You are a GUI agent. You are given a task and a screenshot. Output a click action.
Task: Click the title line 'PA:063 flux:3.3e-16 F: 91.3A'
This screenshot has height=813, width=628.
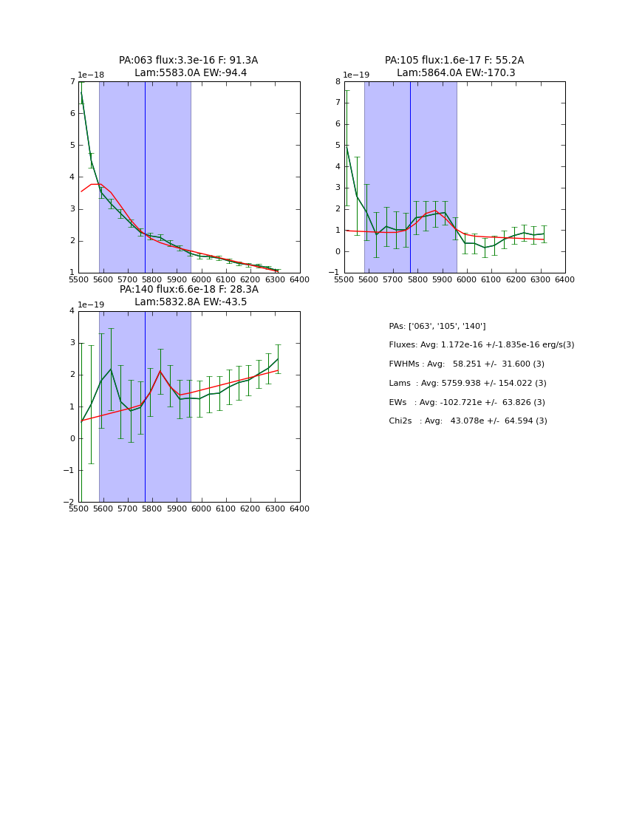(188, 61)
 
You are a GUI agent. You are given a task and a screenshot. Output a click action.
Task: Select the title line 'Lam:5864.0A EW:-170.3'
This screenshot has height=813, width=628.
(456, 73)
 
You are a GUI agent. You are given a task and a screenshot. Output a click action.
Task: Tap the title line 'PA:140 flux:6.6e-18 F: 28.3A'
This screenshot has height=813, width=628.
(189, 290)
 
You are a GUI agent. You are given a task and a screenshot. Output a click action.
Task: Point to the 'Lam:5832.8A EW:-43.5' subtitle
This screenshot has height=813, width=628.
(191, 302)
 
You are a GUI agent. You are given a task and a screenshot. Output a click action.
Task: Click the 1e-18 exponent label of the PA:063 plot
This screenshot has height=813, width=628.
(91, 75)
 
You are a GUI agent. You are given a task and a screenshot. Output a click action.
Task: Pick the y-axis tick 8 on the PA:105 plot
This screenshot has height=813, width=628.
(337, 82)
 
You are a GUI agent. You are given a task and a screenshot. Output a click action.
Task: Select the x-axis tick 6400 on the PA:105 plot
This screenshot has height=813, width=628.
(564, 279)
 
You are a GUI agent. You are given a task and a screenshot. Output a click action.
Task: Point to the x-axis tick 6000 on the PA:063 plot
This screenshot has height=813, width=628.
(201, 279)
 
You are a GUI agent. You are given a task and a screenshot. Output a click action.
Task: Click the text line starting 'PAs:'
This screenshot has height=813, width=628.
(437, 326)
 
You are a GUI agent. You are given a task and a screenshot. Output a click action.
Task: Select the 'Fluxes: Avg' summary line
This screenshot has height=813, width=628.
(481, 345)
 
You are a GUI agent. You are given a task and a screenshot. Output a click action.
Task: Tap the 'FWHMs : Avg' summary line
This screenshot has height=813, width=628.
(466, 364)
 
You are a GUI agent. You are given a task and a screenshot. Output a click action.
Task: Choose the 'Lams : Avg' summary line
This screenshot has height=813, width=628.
(467, 383)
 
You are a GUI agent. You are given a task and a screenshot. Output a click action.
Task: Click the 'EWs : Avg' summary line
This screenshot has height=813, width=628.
(466, 402)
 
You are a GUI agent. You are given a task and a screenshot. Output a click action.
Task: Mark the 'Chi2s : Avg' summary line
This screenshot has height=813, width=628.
(468, 421)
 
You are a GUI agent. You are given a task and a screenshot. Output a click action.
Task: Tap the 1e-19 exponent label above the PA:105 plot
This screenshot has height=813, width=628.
(357, 75)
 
